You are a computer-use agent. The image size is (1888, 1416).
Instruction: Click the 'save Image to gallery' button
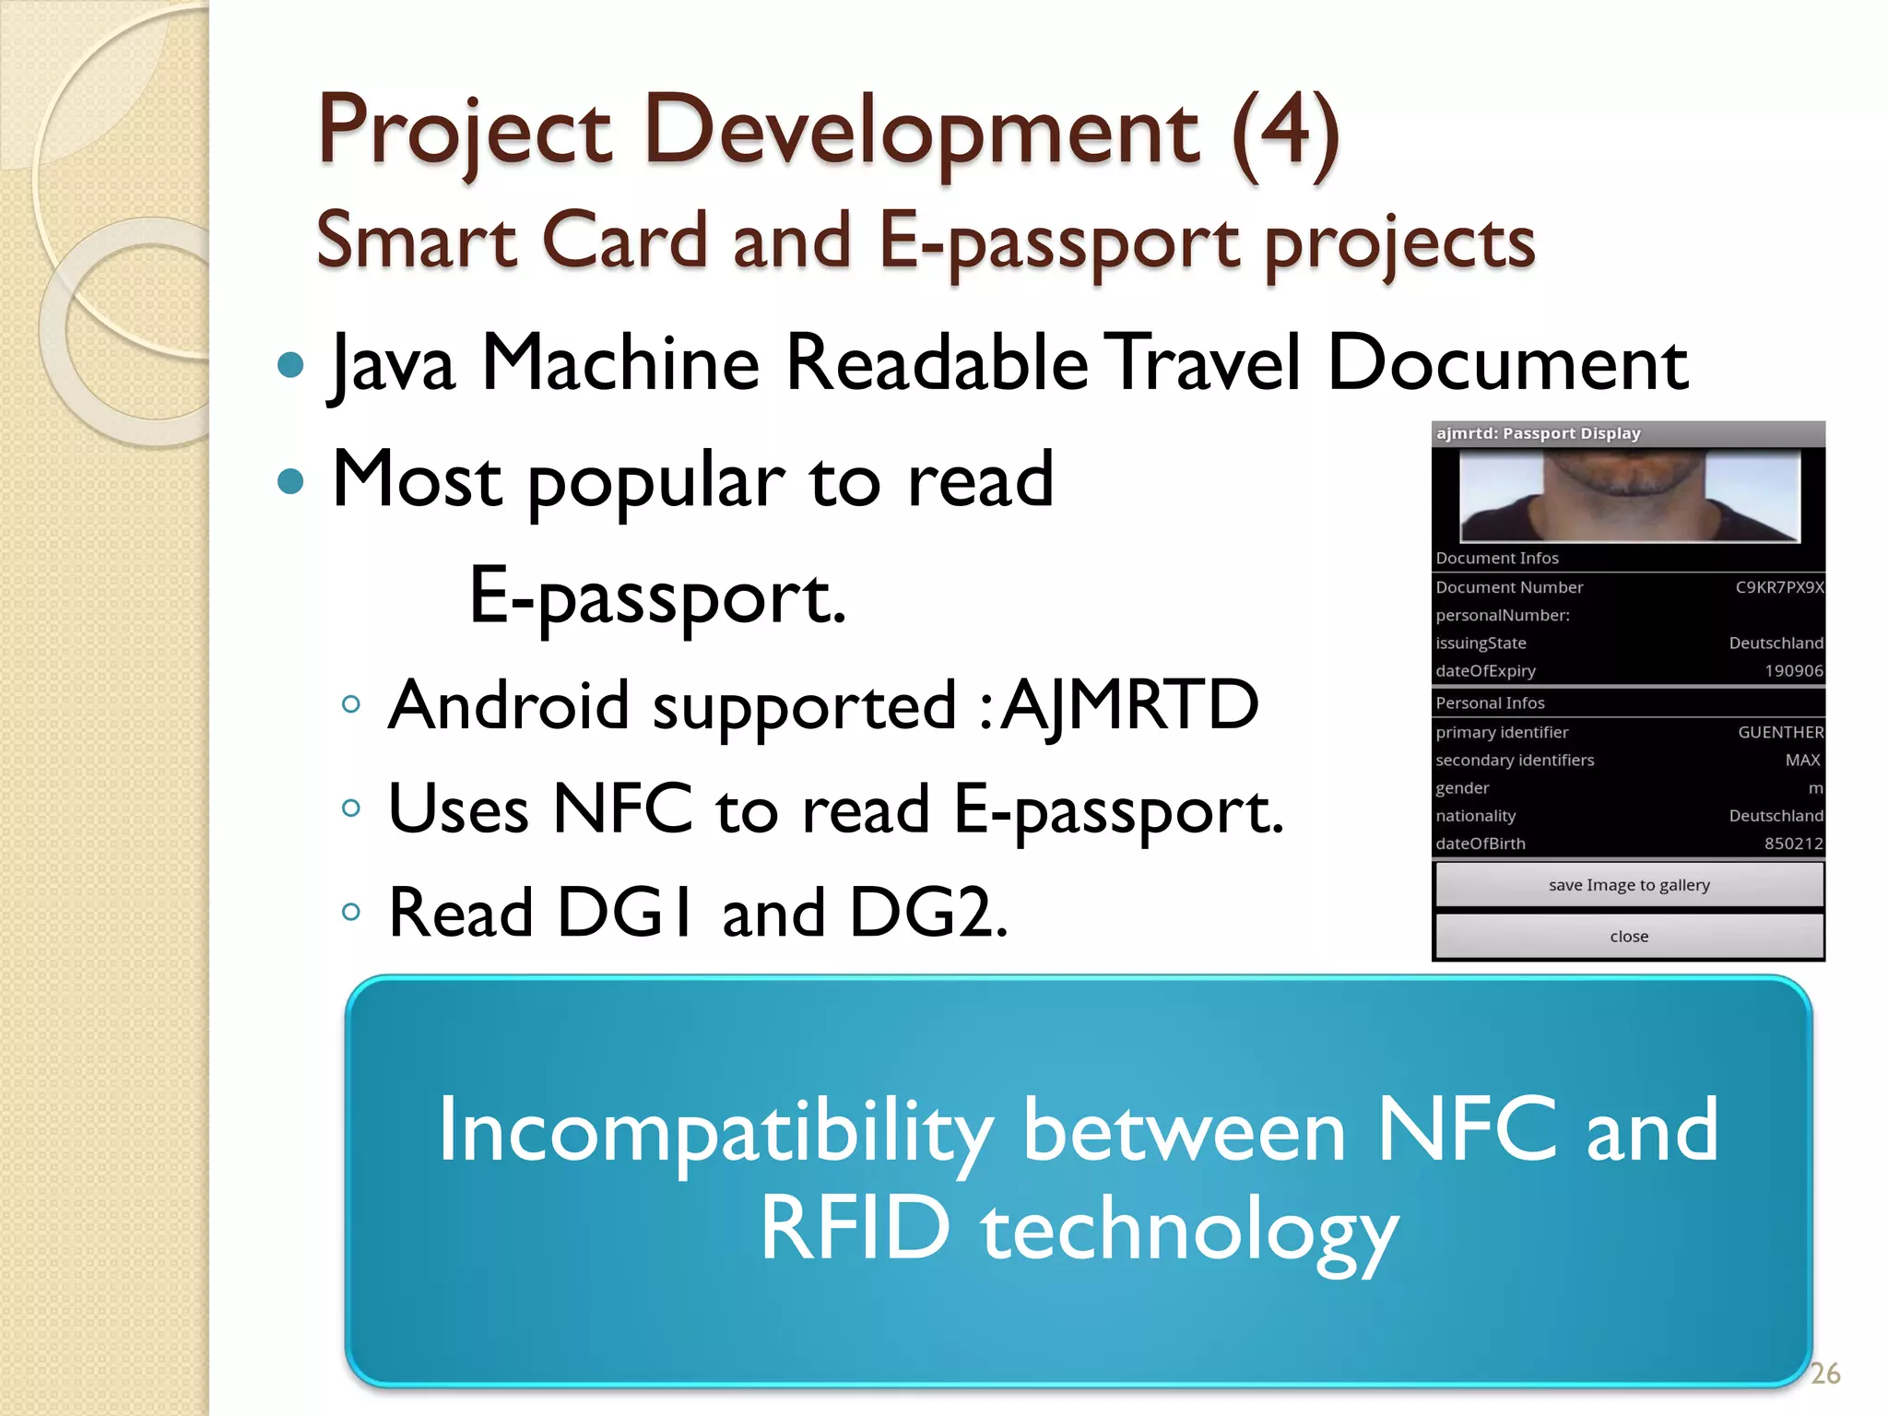1628,885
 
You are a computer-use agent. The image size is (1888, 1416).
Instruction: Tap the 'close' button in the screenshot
1628,937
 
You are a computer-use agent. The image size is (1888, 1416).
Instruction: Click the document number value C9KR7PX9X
1778,587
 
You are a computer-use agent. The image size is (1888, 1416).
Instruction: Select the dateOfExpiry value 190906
1793,671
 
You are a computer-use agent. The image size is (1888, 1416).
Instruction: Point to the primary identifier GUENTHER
1780,732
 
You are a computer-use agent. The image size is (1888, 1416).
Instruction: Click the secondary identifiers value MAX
1802,760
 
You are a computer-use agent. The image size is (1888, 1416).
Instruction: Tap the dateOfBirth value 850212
1793,844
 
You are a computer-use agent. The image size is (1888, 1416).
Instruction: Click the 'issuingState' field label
1481,643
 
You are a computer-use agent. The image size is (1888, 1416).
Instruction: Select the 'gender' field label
1462,788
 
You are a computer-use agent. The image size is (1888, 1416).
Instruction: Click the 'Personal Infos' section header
1490,702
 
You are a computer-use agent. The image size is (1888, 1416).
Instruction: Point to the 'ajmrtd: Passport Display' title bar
1538,433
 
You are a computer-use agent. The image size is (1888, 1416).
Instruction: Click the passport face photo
1629,496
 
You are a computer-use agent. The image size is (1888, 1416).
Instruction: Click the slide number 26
1824,1374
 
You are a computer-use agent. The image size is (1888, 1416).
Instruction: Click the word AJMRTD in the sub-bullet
1129,705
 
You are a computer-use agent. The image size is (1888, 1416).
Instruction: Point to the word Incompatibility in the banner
714,1131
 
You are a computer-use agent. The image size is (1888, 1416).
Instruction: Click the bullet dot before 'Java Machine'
290,364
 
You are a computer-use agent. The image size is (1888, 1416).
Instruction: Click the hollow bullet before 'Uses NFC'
350,808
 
